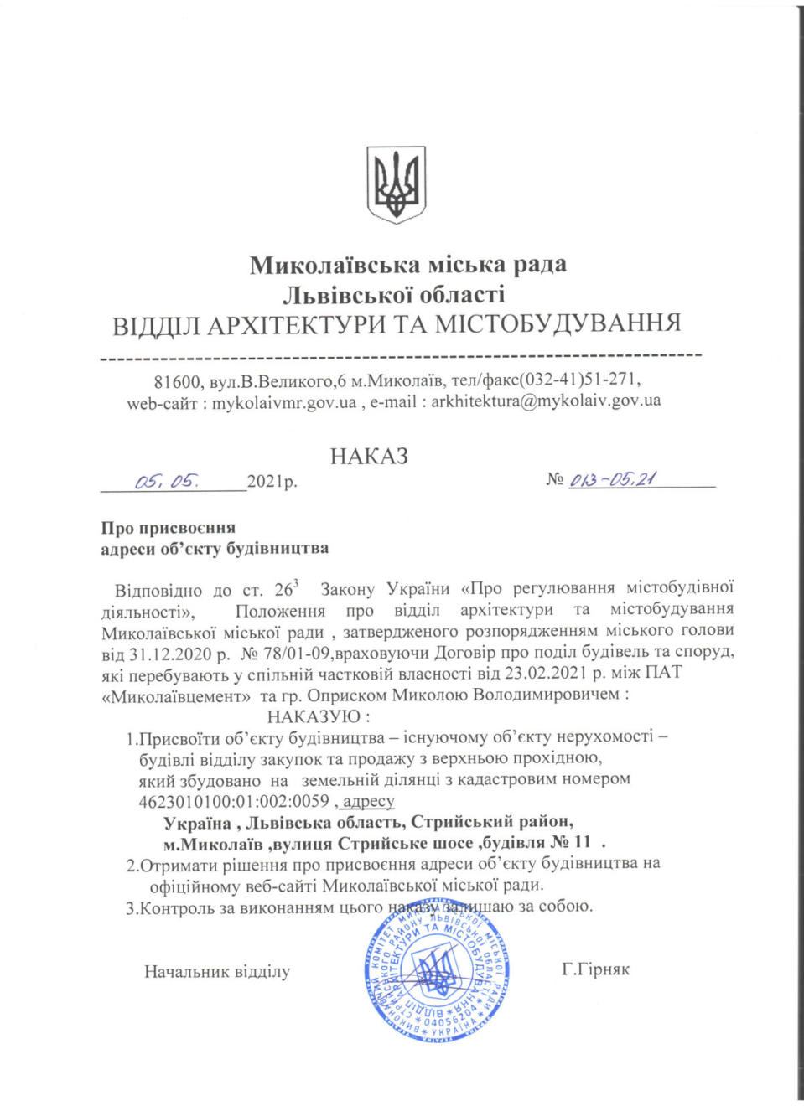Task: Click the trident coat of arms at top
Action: (396, 184)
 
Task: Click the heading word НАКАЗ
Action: (369, 457)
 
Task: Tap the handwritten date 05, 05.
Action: (167, 481)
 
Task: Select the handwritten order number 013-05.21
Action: (613, 479)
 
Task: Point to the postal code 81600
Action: (177, 382)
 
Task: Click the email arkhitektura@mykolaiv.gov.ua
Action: (546, 401)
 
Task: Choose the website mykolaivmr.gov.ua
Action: (283, 403)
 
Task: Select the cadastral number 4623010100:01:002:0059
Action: (234, 801)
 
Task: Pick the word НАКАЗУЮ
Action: (314, 717)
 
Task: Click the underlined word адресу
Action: (368, 801)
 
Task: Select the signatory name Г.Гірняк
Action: (595, 969)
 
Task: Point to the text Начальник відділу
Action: (217, 972)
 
